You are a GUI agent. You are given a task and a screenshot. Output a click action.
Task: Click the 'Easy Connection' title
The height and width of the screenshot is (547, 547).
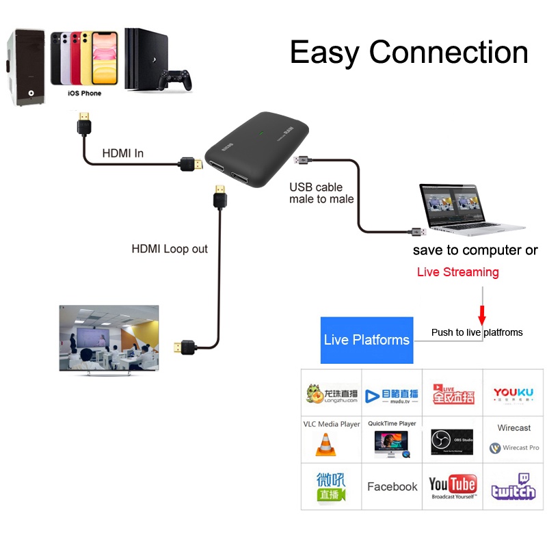point(409,53)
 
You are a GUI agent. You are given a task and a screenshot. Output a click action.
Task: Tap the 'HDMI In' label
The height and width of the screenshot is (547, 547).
point(122,153)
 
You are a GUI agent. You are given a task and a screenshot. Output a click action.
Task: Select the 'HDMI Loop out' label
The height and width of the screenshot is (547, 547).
point(170,249)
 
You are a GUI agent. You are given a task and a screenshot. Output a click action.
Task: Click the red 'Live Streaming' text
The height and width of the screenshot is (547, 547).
point(457,272)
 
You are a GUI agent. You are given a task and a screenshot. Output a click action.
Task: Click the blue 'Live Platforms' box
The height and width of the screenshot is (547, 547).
point(367,340)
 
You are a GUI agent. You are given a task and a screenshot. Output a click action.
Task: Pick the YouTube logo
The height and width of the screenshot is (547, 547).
point(452,488)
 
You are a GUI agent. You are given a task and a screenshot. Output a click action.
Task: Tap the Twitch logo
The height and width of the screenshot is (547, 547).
point(513,486)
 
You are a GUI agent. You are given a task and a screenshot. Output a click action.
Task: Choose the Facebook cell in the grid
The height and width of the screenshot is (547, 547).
point(392,487)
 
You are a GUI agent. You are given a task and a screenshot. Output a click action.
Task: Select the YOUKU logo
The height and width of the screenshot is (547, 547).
point(513,395)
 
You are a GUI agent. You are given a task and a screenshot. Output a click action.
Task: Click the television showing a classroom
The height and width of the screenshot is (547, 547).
point(109,338)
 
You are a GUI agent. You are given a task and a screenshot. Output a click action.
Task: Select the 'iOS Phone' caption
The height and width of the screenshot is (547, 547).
point(84,93)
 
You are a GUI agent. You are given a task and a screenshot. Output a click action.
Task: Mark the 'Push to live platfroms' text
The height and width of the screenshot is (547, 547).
point(477,332)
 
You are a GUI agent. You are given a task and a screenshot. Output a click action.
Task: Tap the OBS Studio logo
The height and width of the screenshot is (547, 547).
point(452,442)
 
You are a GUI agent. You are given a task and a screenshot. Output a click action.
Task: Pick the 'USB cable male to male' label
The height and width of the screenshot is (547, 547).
point(321,193)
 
